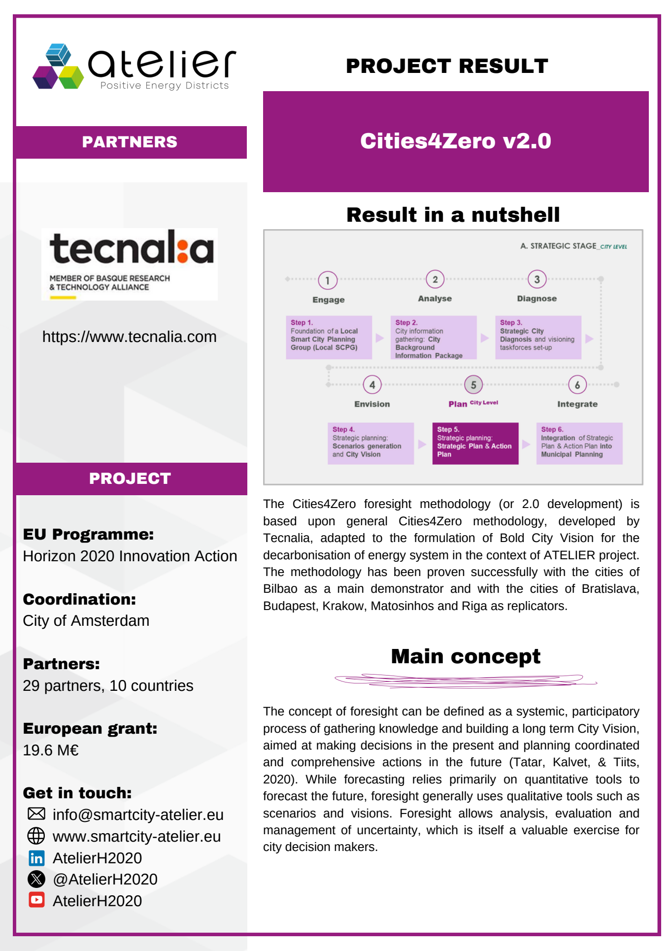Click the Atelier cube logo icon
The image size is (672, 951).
click(x=58, y=67)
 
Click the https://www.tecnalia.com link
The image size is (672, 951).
click(x=129, y=337)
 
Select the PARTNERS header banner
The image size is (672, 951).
click(x=130, y=142)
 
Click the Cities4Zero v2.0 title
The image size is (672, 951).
click(x=455, y=141)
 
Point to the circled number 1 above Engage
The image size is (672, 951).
click(x=328, y=280)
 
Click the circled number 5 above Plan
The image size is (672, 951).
click(x=473, y=385)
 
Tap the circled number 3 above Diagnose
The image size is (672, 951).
click(x=537, y=279)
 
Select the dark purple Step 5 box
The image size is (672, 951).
click(x=475, y=443)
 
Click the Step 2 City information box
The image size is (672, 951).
click(x=433, y=338)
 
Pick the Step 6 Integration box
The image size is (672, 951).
click(x=579, y=443)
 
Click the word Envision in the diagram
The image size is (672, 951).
click(x=372, y=404)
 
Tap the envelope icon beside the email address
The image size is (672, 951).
click(x=36, y=814)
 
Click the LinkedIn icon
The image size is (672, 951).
click(x=36, y=858)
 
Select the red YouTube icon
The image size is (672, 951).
click(x=36, y=900)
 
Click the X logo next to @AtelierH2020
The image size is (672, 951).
click(x=36, y=879)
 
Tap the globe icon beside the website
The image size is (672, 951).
click(x=36, y=836)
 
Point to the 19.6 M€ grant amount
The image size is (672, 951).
click(x=51, y=750)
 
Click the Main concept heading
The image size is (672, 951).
click(x=466, y=657)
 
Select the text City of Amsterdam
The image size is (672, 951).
click(x=86, y=621)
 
